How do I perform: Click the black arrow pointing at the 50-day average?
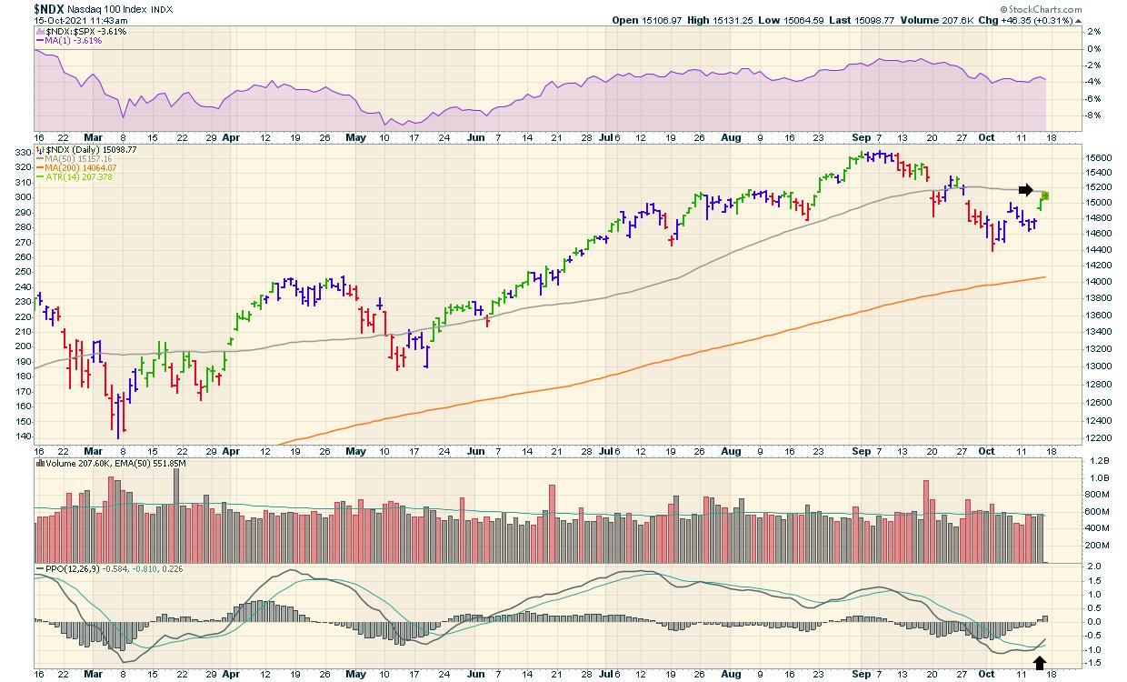[x=1025, y=190]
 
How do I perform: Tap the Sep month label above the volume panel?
[x=862, y=451]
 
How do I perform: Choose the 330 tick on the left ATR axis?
[x=22, y=155]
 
